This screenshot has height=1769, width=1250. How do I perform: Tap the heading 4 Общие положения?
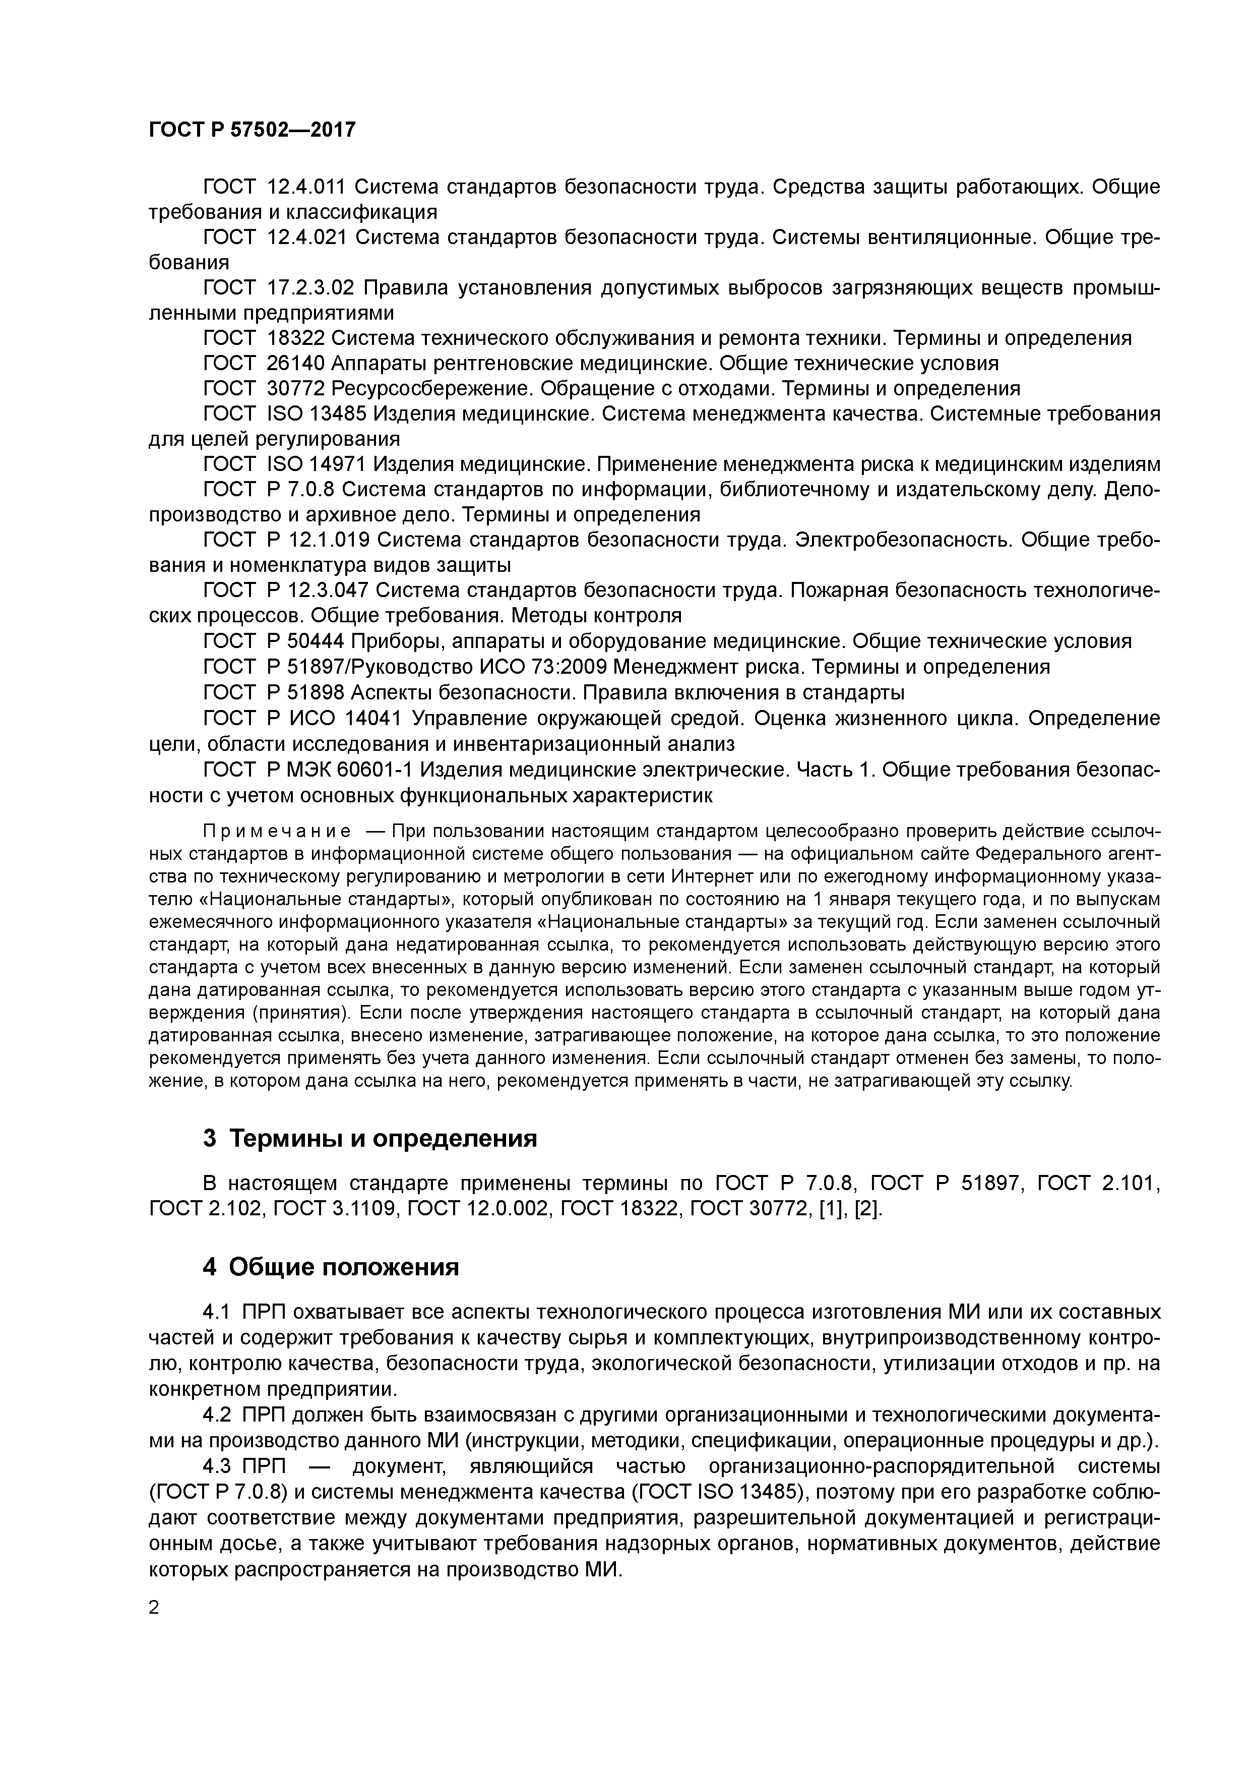(x=331, y=1267)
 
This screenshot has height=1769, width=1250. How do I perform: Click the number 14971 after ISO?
(x=340, y=464)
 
